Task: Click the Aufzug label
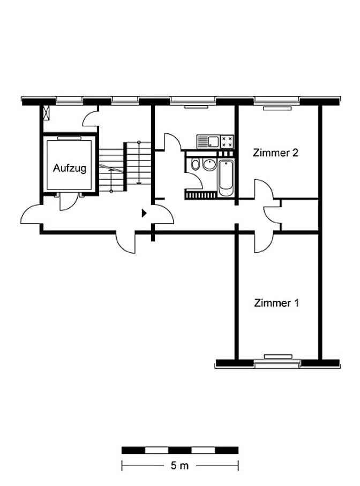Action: pos(70,168)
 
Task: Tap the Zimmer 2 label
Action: pos(275,153)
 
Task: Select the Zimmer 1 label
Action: pos(276,303)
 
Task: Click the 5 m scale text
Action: pos(179,465)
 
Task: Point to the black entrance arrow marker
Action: pos(144,213)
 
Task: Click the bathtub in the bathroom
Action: pos(226,178)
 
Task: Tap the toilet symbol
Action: pos(195,164)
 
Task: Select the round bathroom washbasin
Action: pos(210,164)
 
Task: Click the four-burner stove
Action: pos(227,142)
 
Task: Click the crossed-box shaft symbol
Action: pos(46,113)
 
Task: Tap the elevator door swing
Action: pos(68,201)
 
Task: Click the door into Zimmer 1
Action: pos(264,242)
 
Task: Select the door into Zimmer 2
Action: pos(264,189)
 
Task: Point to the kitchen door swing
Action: pos(172,142)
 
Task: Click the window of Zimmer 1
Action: pos(277,363)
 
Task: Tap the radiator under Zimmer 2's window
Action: pos(277,108)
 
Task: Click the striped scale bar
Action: pos(180,450)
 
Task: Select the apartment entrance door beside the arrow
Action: pos(164,214)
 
